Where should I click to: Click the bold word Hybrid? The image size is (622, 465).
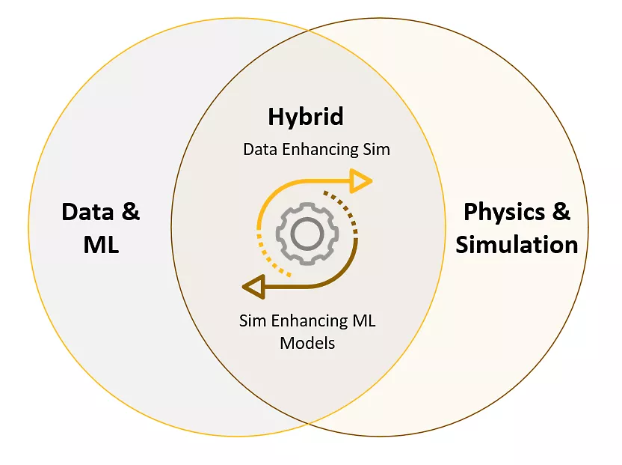[306, 117]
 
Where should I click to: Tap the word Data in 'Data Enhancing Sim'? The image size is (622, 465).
[260, 150]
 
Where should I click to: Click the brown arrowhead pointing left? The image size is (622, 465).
[254, 287]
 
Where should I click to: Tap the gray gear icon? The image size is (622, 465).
[307, 234]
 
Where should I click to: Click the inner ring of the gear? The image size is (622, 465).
[307, 234]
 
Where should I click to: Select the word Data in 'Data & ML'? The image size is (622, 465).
[87, 211]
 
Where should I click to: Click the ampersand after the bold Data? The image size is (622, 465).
[131, 211]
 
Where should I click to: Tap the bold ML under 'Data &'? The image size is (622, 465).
[101, 244]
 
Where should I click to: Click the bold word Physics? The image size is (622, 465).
[504, 213]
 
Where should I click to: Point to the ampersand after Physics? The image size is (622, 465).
[561, 211]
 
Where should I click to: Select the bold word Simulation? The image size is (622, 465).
[517, 244]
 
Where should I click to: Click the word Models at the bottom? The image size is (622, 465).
[307, 343]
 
